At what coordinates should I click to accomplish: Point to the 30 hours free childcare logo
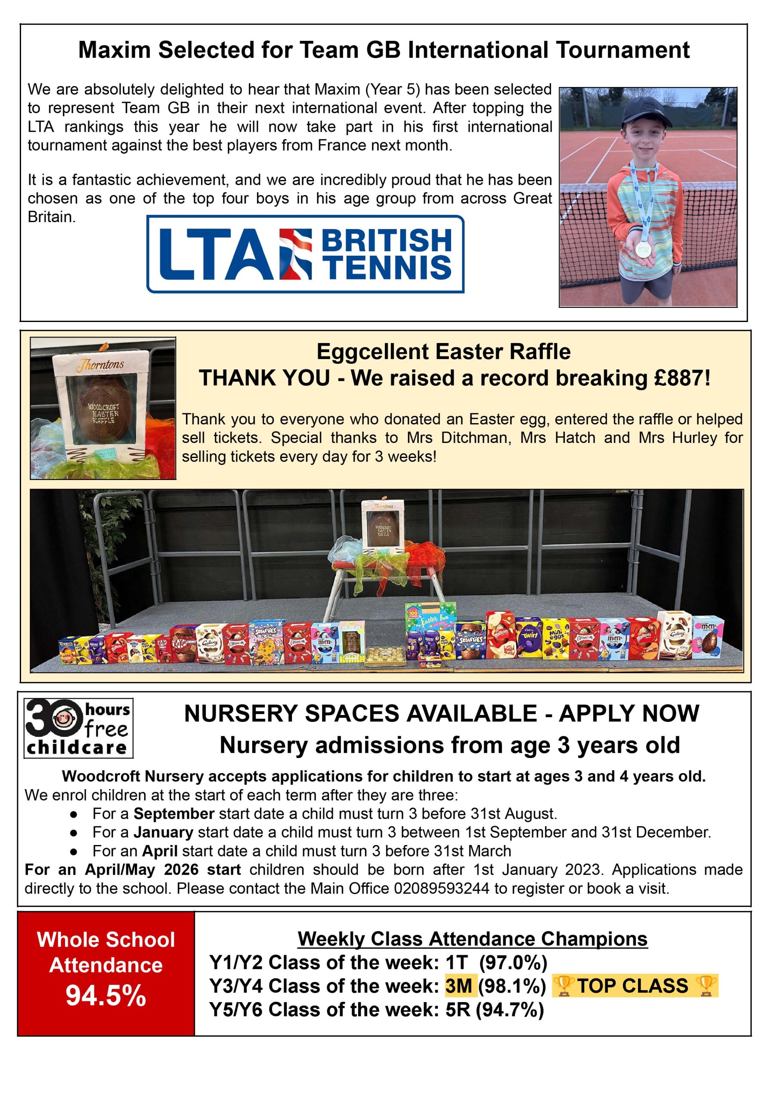78,728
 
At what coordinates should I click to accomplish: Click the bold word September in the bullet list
174,814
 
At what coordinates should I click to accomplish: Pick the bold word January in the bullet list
163,832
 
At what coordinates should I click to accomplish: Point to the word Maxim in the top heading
115,50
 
